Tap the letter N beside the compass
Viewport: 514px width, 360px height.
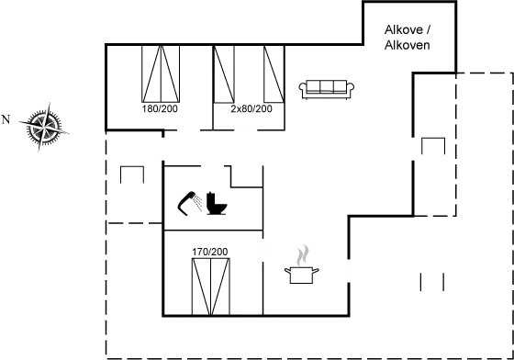[x=6, y=119]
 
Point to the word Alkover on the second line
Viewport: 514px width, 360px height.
[x=408, y=44]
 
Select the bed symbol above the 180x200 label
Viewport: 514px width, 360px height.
[x=162, y=73]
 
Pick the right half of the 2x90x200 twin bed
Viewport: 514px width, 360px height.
[x=274, y=73]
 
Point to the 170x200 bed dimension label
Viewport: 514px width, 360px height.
[x=209, y=251]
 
